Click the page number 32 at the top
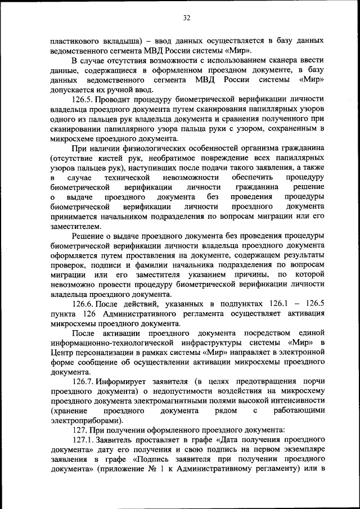[x=187, y=17]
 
